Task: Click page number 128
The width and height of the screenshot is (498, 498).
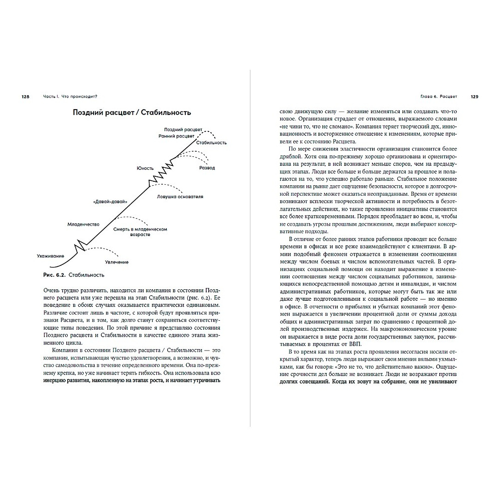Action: pyautogui.click(x=26, y=96)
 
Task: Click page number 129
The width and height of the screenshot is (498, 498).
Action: pyautogui.click(x=474, y=96)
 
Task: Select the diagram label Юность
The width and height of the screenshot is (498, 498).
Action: pyautogui.click(x=146, y=168)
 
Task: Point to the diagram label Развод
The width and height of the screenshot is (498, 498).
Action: pyautogui.click(x=207, y=168)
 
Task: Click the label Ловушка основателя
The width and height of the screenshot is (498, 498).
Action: pyautogui.click(x=180, y=197)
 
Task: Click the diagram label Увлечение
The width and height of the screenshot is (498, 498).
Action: pyautogui.click(x=117, y=262)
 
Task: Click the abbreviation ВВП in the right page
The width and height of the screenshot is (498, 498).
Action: pyautogui.click(x=354, y=345)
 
